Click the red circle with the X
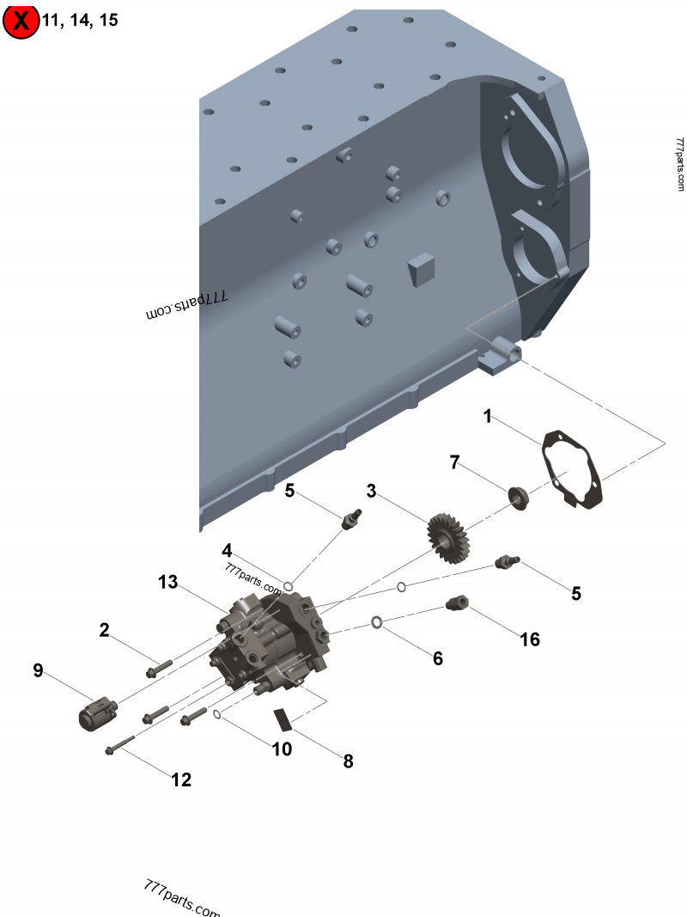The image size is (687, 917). [x=21, y=21]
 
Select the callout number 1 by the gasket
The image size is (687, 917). [x=487, y=417]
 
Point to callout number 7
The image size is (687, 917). [x=455, y=462]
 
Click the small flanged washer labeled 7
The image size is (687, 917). [x=518, y=497]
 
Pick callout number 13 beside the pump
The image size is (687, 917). [x=167, y=582]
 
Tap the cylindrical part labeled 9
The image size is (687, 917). [x=95, y=712]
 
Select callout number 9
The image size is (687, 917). [x=38, y=670]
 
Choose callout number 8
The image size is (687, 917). [x=348, y=761]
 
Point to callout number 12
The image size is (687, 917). [x=181, y=779]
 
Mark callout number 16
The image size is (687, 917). [x=530, y=639]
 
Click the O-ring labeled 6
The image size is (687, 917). [x=377, y=621]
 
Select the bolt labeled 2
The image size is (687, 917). [x=160, y=666]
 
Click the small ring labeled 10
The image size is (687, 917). [x=218, y=714]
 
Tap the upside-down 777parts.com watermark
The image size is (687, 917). [x=186, y=304]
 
